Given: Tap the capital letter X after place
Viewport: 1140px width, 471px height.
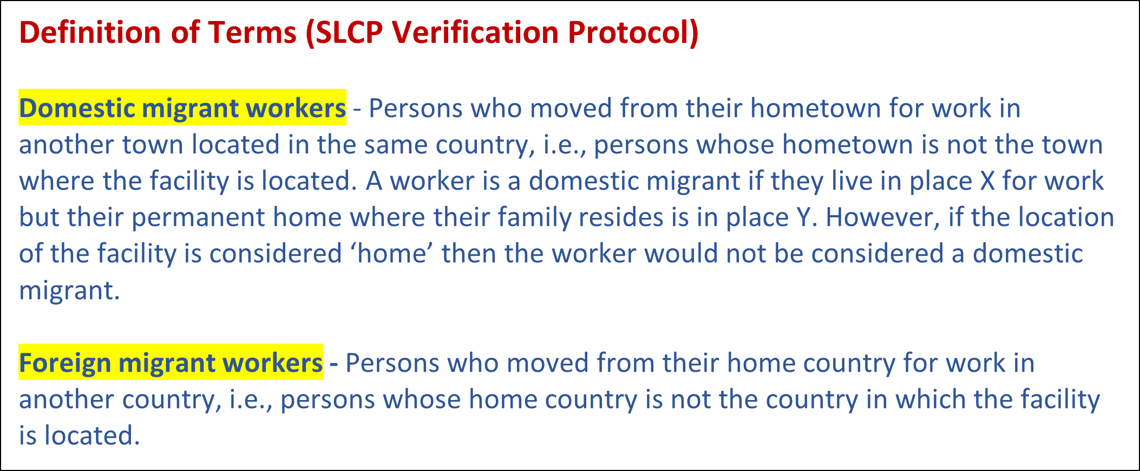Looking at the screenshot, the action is point(988,181).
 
